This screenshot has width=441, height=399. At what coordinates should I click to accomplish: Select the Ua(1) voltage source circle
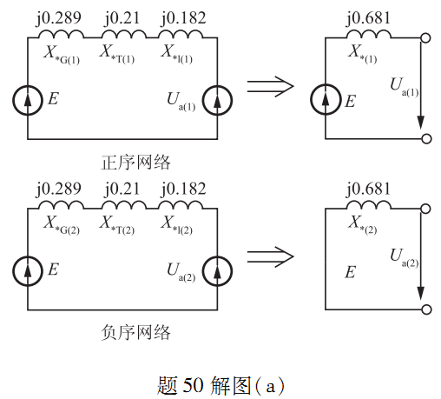coord(217,86)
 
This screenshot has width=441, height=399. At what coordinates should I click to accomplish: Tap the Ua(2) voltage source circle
coord(217,256)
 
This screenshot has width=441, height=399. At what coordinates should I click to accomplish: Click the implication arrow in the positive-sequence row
coord(270,87)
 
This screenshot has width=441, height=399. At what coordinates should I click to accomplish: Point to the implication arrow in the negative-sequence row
coord(270,257)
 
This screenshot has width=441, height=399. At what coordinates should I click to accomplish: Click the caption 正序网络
coord(135,163)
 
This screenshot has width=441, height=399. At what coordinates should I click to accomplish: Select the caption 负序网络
coord(135,332)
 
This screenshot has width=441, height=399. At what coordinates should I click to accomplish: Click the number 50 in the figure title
coord(193,385)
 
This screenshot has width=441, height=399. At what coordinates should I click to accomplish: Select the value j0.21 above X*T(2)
coord(122,190)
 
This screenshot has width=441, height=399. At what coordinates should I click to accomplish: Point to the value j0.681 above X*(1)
coord(368,18)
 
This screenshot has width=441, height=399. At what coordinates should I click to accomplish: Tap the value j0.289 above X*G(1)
coord(59,18)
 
